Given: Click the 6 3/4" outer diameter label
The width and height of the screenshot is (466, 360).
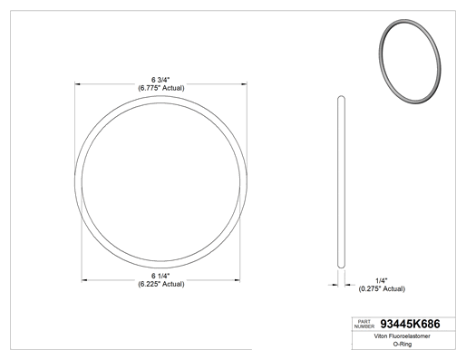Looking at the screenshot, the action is [160, 80].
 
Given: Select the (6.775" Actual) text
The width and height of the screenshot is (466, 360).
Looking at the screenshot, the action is [161, 88].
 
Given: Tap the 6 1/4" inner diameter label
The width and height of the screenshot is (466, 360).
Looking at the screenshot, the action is [160, 276].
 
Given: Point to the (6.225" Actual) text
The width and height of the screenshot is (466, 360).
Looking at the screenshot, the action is [161, 284].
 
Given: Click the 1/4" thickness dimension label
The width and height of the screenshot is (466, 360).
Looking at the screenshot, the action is [382, 281].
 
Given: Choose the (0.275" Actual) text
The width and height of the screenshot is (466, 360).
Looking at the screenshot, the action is [382, 289].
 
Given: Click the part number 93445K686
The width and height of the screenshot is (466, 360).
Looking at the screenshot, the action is [410, 324].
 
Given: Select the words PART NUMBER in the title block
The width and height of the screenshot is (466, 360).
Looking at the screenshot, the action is [364, 324].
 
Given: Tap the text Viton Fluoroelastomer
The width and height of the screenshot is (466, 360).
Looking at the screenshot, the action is [402, 336].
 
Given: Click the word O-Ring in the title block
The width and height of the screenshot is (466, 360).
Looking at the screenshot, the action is [403, 344].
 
